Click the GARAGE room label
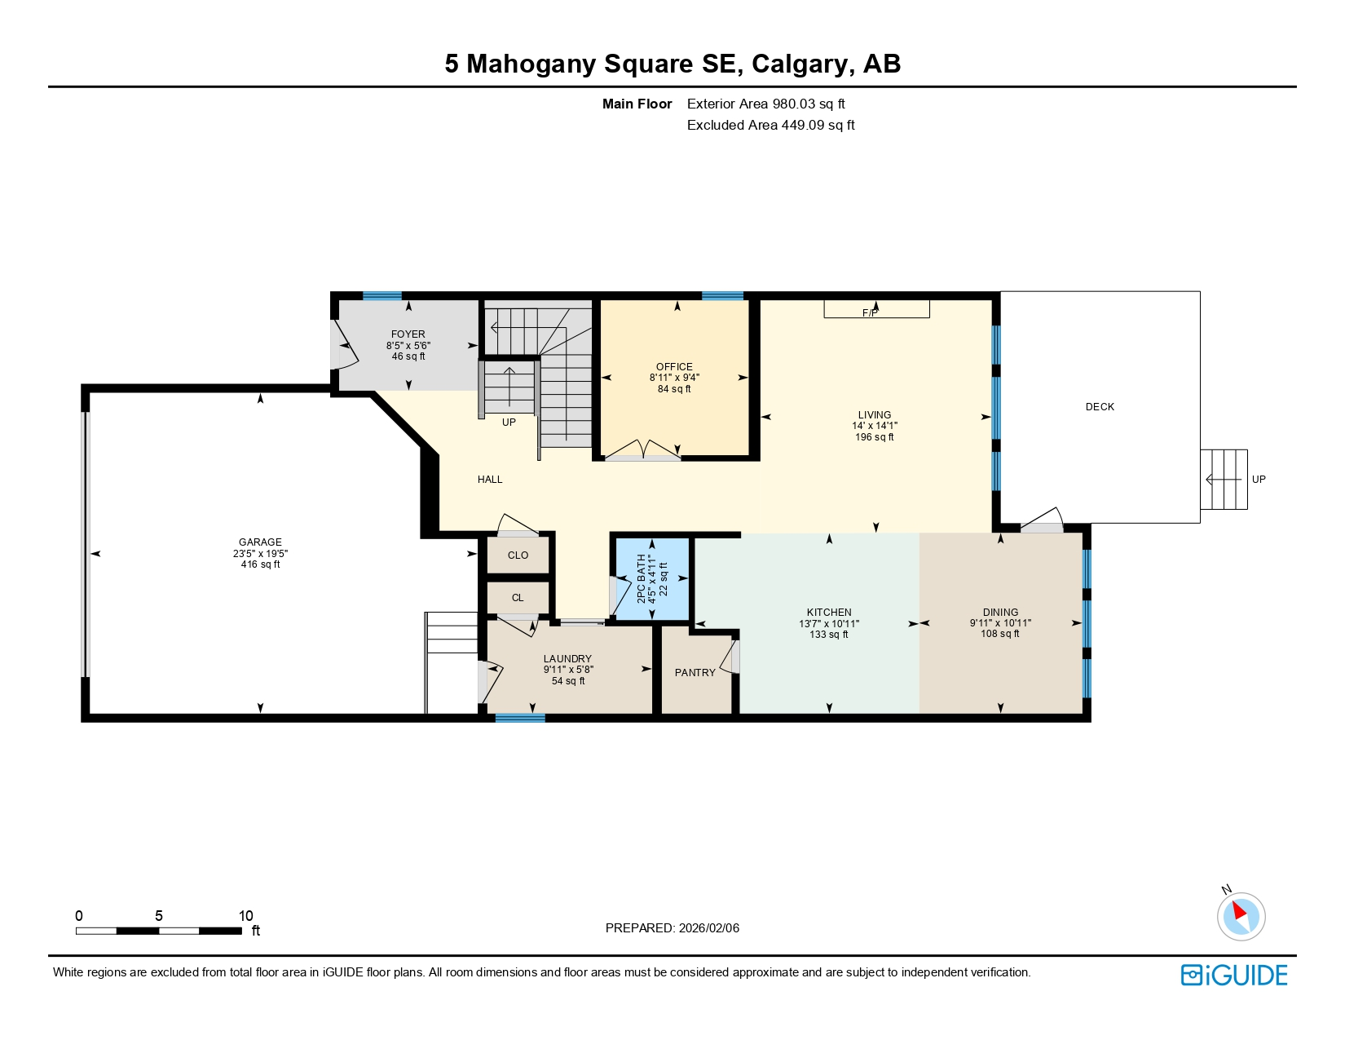point(260,542)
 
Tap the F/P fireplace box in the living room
point(876,309)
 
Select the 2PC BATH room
point(652,579)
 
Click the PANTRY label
point(695,673)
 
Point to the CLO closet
point(518,555)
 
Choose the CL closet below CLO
point(518,598)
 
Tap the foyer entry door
point(344,346)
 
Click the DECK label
point(1100,406)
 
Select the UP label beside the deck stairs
point(1259,480)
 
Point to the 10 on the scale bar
point(245,916)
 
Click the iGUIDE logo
point(1234,975)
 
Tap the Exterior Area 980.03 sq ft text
point(765,104)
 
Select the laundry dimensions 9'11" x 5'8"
point(568,670)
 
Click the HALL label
point(490,480)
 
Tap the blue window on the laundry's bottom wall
point(520,718)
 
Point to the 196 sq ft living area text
point(874,437)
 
